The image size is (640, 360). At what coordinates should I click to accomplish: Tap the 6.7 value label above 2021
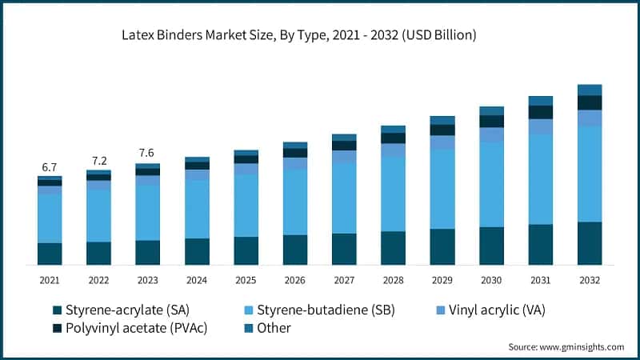(50, 167)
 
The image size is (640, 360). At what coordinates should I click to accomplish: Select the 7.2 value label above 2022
(98, 160)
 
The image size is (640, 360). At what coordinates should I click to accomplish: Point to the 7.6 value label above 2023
(147, 153)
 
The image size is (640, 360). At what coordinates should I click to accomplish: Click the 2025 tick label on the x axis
(246, 280)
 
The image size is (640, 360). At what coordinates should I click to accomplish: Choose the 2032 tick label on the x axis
(590, 280)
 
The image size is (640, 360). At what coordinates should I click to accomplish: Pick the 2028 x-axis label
(393, 280)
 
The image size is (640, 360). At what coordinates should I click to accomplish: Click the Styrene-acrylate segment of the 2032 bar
(590, 243)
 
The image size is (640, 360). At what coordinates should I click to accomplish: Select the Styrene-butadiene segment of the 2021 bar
(50, 218)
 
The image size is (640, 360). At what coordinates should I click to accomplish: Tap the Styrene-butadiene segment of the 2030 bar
(491, 185)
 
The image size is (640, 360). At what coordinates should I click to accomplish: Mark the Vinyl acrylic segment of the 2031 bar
(541, 126)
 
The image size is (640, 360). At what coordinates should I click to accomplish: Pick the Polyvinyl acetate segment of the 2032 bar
(590, 102)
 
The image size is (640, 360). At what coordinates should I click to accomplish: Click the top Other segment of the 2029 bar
(442, 120)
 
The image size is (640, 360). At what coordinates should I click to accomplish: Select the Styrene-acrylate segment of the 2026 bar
(295, 250)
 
